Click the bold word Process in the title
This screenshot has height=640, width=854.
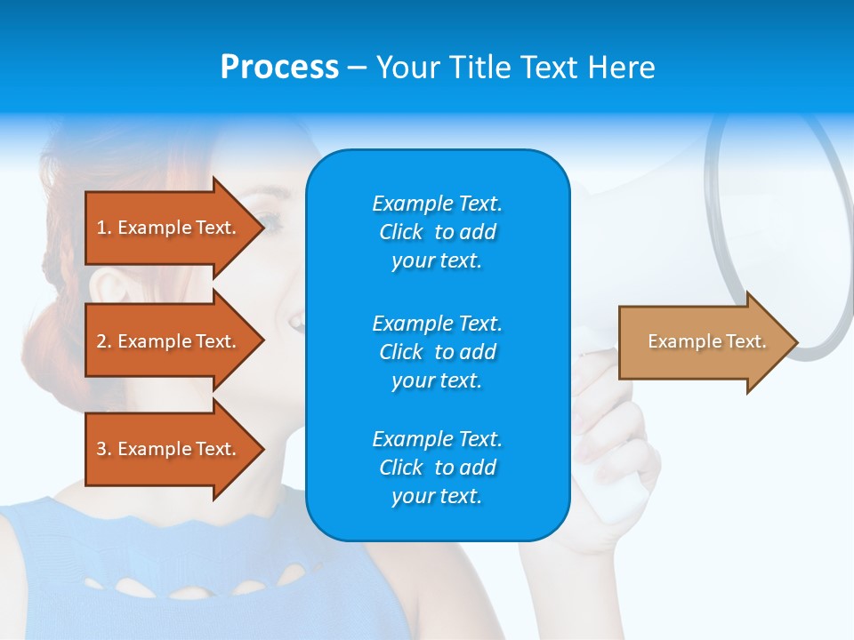click(279, 68)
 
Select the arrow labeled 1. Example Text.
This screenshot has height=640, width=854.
click(169, 228)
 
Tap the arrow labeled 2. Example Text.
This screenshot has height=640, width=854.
click(169, 341)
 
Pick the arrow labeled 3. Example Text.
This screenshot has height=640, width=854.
click(169, 449)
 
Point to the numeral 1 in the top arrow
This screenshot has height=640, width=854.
click(101, 228)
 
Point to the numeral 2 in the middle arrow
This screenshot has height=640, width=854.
click(101, 341)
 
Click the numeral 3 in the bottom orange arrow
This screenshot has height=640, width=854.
click(101, 449)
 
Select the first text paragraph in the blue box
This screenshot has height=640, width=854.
click(437, 232)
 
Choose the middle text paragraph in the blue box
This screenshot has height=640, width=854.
click(437, 352)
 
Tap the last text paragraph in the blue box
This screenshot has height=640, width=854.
click(437, 468)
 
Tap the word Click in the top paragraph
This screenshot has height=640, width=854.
click(400, 232)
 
